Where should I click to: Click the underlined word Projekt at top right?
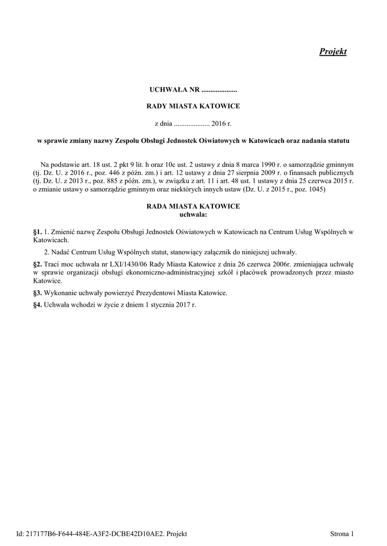pyautogui.click(x=333, y=52)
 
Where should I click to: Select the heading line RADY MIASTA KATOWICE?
pyautogui.click(x=193, y=106)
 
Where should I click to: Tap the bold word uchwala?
pyautogui.click(x=193, y=214)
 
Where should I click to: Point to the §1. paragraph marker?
pyautogui.click(x=37, y=232)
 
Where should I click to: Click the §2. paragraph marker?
pyautogui.click(x=37, y=264)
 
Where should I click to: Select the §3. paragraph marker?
pyautogui.click(x=37, y=293)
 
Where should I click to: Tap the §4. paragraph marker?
pyautogui.click(x=37, y=306)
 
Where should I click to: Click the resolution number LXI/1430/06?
pyautogui.click(x=112, y=264)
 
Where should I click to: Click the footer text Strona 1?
pyautogui.click(x=342, y=533)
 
